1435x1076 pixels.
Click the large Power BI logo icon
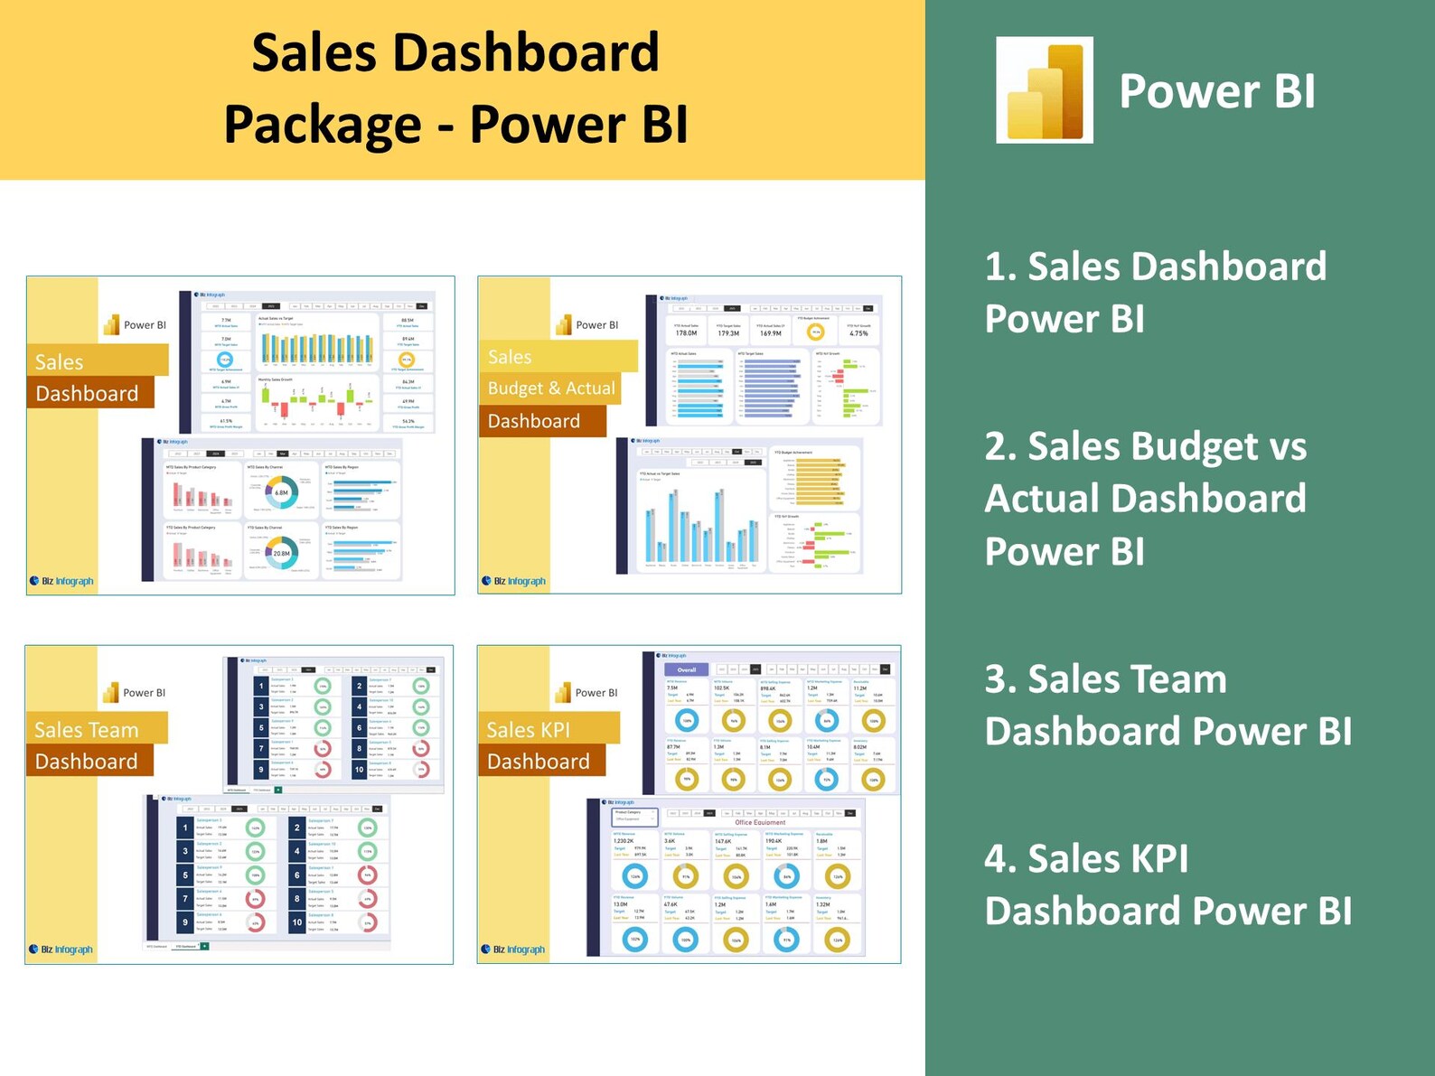click(x=1045, y=90)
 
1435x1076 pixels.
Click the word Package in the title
click(x=323, y=125)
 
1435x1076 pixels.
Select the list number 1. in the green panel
click(x=1000, y=267)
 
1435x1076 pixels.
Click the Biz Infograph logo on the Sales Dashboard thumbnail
click(x=61, y=581)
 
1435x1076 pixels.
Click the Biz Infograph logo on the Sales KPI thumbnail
click(x=513, y=950)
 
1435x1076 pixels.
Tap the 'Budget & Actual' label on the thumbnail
click(x=551, y=388)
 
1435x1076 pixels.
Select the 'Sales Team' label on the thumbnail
click(x=87, y=730)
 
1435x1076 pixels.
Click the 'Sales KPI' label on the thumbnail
click(x=529, y=730)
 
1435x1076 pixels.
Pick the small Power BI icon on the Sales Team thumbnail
click(x=111, y=693)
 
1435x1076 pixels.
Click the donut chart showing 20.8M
click(x=281, y=553)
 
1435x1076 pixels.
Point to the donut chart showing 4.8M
click(x=281, y=492)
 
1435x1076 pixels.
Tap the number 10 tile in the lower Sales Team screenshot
click(x=297, y=922)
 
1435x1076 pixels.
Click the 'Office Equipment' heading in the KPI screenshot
click(x=760, y=822)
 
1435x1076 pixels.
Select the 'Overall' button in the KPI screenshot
click(x=687, y=669)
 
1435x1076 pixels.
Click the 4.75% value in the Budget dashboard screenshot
click(x=858, y=333)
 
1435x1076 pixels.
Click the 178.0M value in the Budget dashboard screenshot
click(x=686, y=333)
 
